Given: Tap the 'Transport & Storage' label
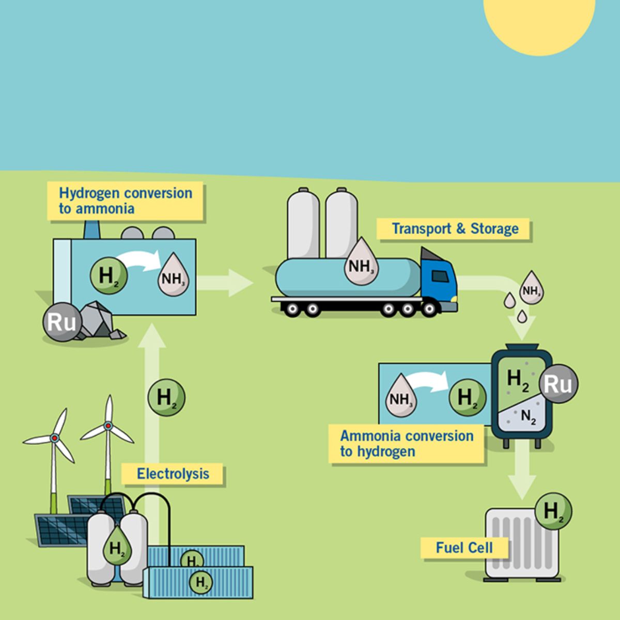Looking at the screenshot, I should pyautogui.click(x=454, y=228).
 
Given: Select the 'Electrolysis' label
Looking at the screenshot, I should pyautogui.click(x=173, y=474).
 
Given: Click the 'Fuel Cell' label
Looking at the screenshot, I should pyautogui.click(x=464, y=548).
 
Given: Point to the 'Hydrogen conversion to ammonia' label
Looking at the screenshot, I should pyautogui.click(x=126, y=201).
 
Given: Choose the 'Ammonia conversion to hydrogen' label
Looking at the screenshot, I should pyautogui.click(x=407, y=443).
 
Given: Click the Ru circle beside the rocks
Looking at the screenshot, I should pyautogui.click(x=61, y=322).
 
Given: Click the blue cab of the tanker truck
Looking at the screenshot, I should pyautogui.click(x=438, y=282).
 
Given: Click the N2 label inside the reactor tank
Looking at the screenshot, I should pyautogui.click(x=528, y=416).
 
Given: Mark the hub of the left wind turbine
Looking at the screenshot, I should pyautogui.click(x=54, y=438).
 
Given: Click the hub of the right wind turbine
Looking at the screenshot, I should pyautogui.click(x=109, y=426).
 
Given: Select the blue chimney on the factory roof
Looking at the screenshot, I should pyautogui.click(x=91, y=229).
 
